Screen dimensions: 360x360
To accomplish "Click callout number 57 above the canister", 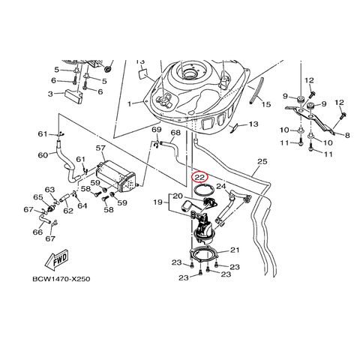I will pos(100,150).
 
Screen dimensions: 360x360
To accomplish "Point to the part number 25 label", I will pos(262,161).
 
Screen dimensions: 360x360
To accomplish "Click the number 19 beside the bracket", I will pos(157,202).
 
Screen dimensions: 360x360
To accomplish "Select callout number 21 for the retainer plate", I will pos(235,250).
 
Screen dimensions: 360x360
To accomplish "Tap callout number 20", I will pos(178,196).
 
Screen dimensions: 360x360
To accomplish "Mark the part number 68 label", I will pos(175,133).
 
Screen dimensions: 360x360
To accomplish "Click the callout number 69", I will pos(157,130).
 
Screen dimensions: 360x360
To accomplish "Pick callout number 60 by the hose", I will pos(43,156).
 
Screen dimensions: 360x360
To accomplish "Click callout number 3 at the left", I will pos(50,94).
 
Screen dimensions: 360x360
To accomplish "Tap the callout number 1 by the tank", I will pos(129,103).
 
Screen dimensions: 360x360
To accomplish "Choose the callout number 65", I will pos(37,197).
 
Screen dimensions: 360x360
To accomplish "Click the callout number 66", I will pos(37,232).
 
